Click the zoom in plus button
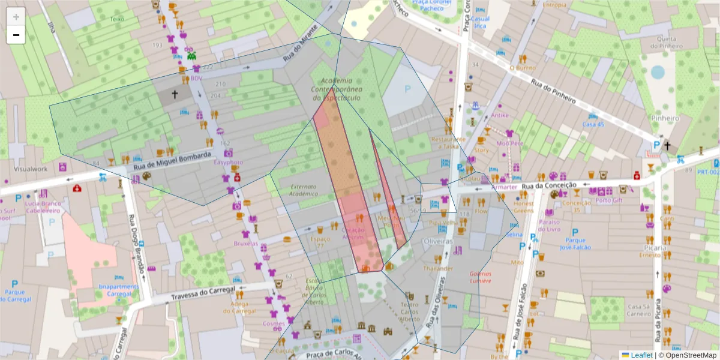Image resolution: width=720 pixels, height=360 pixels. tap(16, 17)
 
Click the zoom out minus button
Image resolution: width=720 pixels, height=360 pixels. tap(16, 35)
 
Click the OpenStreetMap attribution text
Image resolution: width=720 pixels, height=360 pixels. tap(691, 355)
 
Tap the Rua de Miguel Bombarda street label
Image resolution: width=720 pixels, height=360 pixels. tap(172, 160)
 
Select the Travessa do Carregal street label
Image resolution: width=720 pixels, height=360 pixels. tap(199, 293)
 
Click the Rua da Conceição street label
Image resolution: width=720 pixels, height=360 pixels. tap(548, 185)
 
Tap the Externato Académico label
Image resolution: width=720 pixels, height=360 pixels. tap(303, 190)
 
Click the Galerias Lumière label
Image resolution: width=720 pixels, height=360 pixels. tap(481, 276)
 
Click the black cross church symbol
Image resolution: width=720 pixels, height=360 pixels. tap(175, 94)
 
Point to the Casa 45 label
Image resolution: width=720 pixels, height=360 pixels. tap(593, 124)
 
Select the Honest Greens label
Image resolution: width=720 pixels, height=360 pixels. tap(523, 207)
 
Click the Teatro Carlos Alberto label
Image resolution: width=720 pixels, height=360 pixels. tap(410, 311)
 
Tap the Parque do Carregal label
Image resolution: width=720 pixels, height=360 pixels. tap(14, 297)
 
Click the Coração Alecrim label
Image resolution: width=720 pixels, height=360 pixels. tap(353, 234)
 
